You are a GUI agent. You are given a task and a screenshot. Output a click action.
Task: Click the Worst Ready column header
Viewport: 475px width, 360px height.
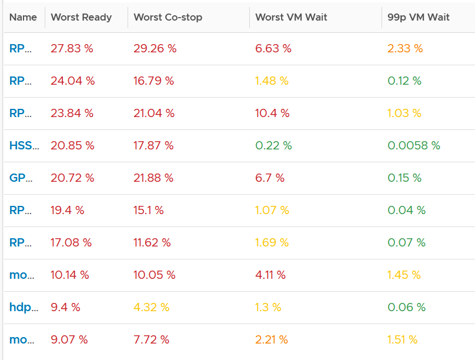tap(81, 17)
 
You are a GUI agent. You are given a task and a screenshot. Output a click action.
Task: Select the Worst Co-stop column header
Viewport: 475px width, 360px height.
tap(168, 17)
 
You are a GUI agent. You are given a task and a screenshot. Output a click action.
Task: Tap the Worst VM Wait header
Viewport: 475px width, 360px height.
tap(291, 17)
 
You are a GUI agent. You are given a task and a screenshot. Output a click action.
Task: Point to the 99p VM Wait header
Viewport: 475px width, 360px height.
tap(419, 17)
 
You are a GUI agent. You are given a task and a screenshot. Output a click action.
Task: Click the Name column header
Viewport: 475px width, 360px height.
tap(23, 17)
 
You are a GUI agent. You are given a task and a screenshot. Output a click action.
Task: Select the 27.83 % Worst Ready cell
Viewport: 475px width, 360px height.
tap(72, 48)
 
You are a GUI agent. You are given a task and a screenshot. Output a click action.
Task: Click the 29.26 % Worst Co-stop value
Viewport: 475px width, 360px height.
tap(155, 48)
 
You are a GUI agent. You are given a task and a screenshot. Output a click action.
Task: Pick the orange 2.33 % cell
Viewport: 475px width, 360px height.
tap(405, 48)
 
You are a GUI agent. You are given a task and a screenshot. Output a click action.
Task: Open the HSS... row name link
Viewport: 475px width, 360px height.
tap(24, 145)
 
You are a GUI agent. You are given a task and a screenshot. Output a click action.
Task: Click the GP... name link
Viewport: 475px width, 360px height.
tap(21, 178)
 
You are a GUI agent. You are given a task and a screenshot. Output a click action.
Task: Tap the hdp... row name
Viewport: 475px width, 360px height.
tap(24, 307)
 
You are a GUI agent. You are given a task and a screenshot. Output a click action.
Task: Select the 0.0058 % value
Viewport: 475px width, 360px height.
tap(414, 145)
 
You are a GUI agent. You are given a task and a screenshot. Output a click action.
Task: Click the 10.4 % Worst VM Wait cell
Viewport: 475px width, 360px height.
tap(272, 113)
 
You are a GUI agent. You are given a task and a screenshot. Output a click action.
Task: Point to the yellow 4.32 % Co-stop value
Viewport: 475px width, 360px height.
tap(152, 307)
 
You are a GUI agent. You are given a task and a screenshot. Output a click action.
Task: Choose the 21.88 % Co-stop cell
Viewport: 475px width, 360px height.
tap(153, 178)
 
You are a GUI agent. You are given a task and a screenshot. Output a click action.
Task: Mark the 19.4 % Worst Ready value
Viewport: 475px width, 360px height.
tap(67, 211)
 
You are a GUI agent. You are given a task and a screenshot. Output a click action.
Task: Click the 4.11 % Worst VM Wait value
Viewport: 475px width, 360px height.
tap(270, 275)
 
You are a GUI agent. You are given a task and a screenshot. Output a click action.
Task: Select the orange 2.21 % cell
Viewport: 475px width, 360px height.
tap(272, 339)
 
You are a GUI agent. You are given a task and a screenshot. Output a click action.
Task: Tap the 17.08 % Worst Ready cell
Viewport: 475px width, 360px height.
tap(71, 243)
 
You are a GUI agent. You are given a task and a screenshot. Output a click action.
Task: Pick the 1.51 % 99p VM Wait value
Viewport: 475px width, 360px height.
tap(403, 339)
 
